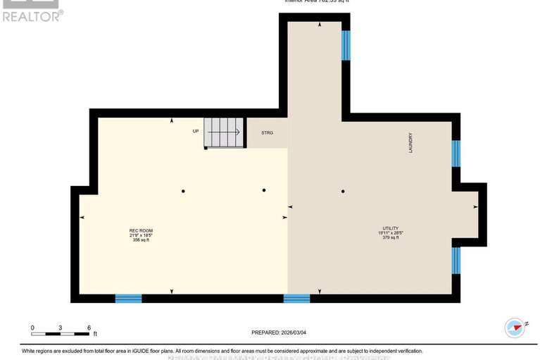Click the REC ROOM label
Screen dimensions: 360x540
tap(141, 230)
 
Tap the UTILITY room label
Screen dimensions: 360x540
tap(391, 228)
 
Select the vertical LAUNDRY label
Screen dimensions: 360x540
tap(410, 144)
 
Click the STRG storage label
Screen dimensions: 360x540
tap(267, 132)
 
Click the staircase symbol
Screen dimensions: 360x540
tap(224, 132)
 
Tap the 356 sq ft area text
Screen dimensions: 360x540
tap(141, 240)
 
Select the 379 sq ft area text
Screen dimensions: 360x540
tap(391, 237)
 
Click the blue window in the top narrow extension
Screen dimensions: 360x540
tap(346, 45)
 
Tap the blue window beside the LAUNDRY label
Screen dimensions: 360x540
tap(456, 154)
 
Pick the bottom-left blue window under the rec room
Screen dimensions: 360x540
tap(128, 299)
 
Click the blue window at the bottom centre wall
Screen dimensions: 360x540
tap(296, 299)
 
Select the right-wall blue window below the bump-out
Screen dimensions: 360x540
tap(456, 260)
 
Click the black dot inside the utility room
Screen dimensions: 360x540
tap(344, 191)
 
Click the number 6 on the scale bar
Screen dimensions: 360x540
tap(89, 328)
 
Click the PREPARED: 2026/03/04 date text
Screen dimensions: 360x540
tap(280, 333)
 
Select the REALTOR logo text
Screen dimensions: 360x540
tap(32, 15)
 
